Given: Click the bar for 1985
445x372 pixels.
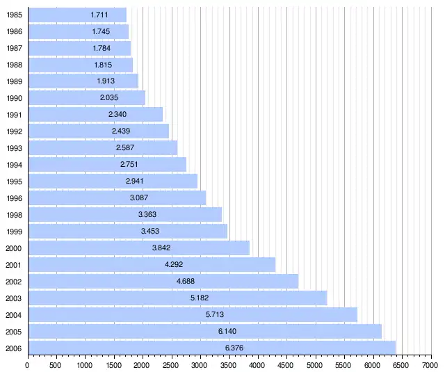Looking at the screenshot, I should coord(76,15).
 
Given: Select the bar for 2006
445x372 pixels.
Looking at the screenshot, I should coord(211,348).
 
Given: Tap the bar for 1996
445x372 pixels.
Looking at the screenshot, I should coord(117,197).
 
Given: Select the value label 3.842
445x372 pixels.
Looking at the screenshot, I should coord(161,248).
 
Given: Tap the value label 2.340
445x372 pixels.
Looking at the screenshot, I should coord(118,115).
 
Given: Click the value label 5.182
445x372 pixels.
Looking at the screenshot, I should coord(200,298).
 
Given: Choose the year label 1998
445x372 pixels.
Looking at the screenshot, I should coord(13,215).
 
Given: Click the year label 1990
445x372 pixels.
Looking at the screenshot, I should coord(13,98).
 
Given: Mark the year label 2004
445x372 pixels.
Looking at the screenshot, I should coord(13,315).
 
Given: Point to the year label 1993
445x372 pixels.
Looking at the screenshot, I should coord(13,148).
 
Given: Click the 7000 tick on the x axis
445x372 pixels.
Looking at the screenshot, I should coord(430,359).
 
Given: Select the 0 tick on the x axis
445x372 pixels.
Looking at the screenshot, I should coord(28,359).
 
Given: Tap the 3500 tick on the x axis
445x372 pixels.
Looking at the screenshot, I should coord(229,359).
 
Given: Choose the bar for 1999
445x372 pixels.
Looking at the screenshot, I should coord(127,231).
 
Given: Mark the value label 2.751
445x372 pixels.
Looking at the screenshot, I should coord(130,165).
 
